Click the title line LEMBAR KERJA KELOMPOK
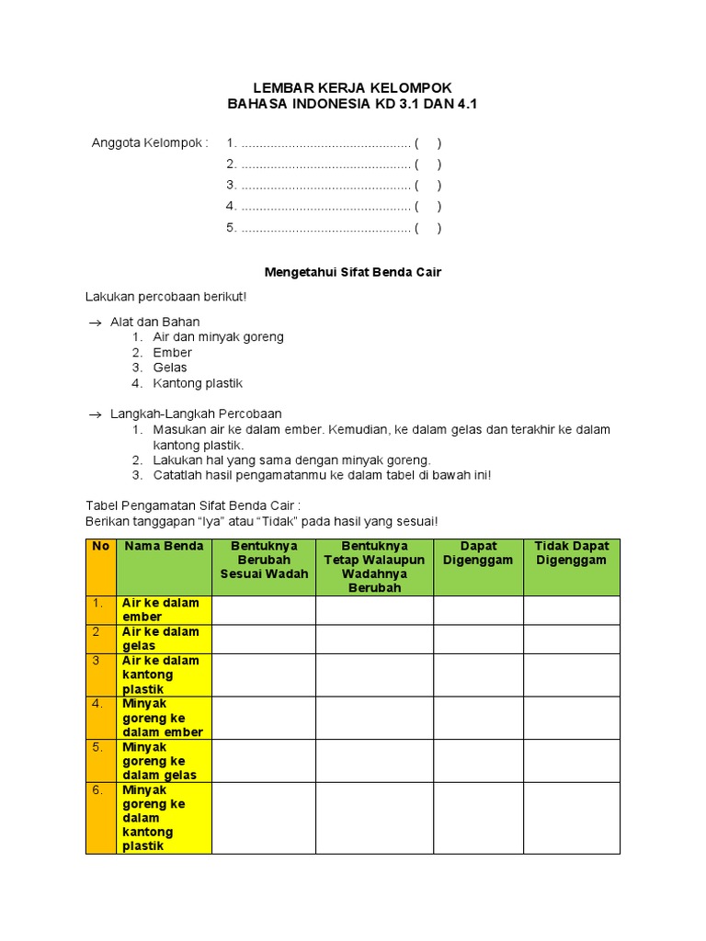[x=352, y=87]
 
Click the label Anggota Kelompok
[x=150, y=142]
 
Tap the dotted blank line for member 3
[x=325, y=185]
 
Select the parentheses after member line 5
[x=427, y=228]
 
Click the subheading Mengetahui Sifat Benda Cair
[x=353, y=273]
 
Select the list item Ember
[x=172, y=353]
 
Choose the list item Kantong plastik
[x=198, y=383]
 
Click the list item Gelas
[x=170, y=368]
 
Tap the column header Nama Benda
[x=164, y=547]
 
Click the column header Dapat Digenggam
[x=478, y=553]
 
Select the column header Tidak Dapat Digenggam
[x=571, y=553]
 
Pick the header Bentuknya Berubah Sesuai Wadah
[x=264, y=561]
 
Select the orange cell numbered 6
[x=101, y=818]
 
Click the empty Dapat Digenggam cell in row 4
[x=478, y=718]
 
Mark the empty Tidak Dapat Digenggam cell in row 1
[x=571, y=610]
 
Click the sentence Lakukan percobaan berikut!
[x=165, y=298]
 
